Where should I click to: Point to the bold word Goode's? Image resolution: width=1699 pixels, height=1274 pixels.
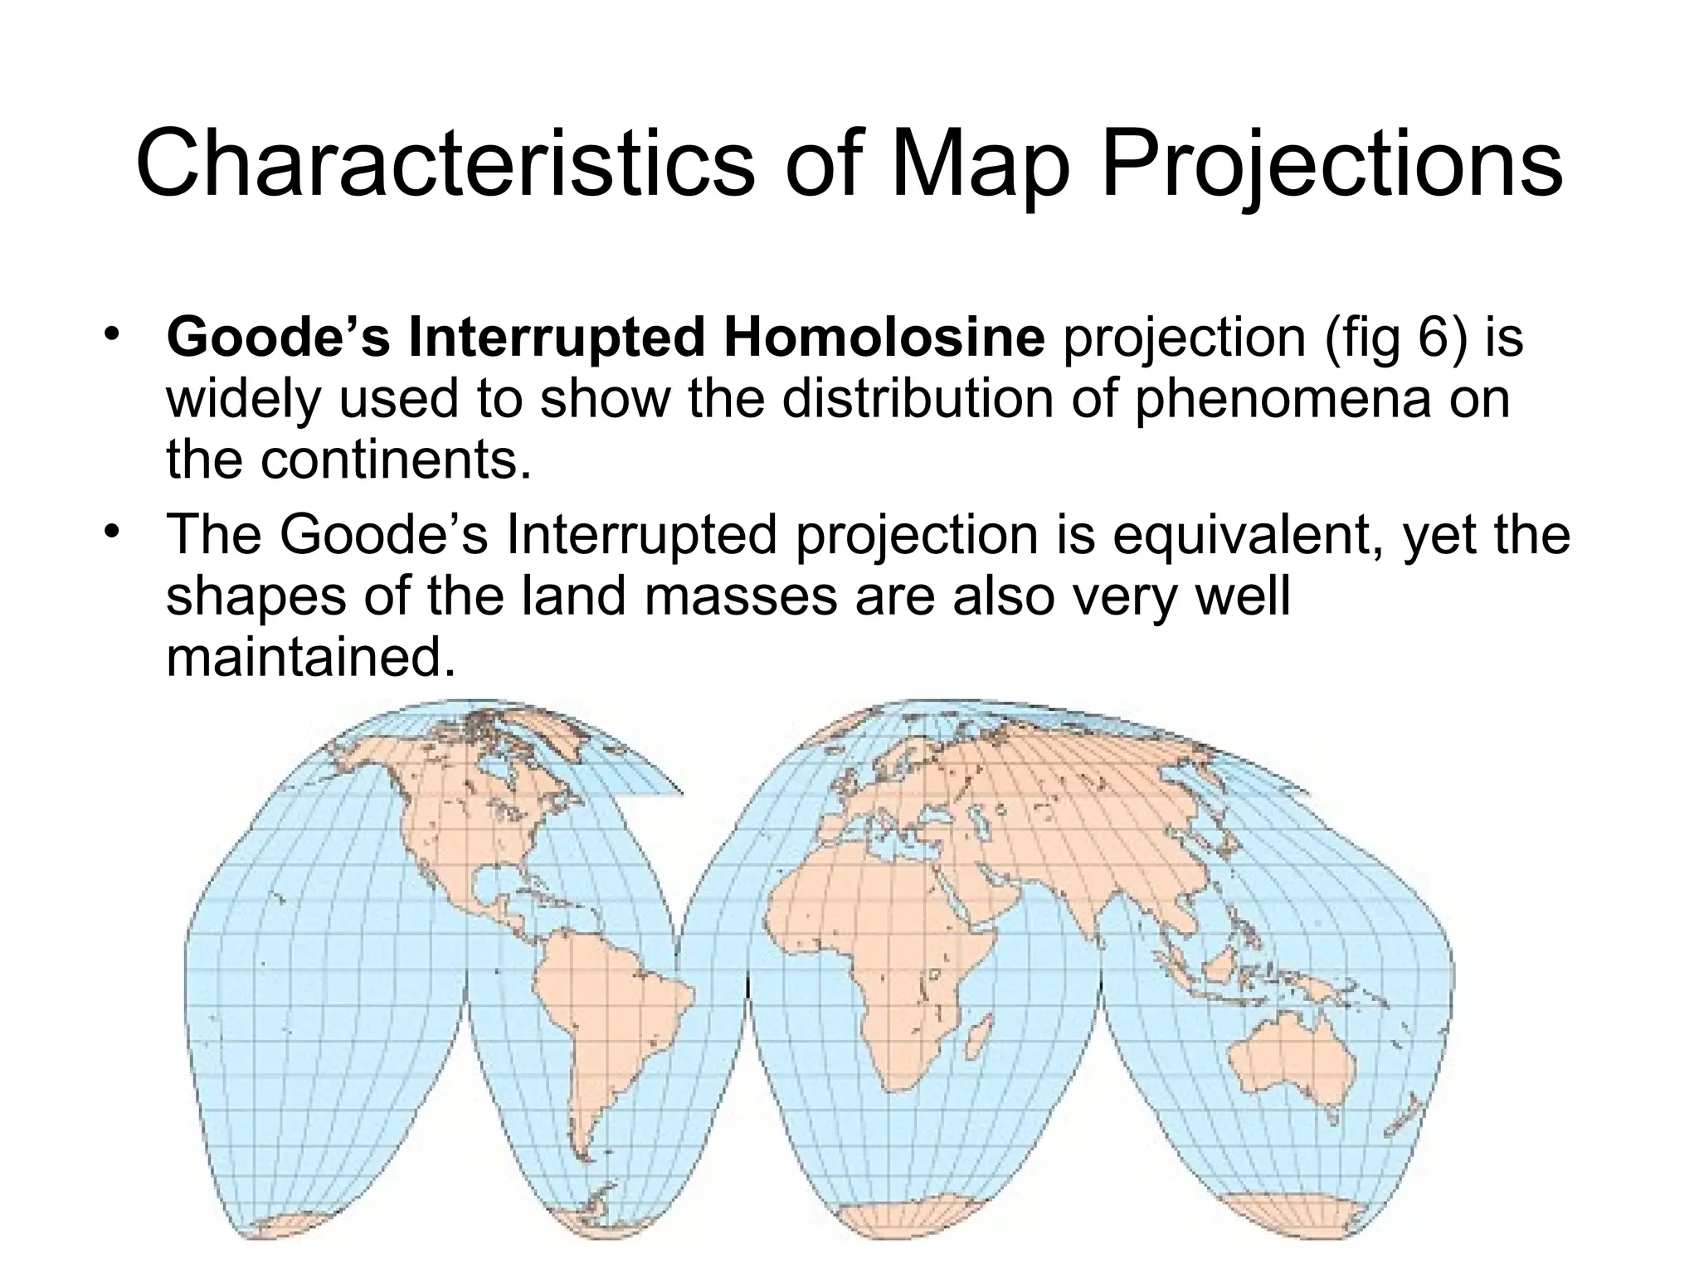278,338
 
